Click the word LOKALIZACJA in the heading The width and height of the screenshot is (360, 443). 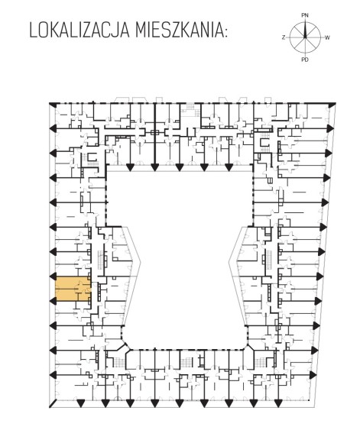click(x=79, y=31)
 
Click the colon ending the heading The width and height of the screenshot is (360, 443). click(x=225, y=33)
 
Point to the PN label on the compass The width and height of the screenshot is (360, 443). click(x=305, y=15)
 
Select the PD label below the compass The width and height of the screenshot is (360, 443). click(x=305, y=60)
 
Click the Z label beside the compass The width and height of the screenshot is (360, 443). click(x=284, y=37)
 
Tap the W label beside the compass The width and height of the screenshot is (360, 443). click(x=327, y=37)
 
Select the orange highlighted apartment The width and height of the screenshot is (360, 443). click(x=73, y=289)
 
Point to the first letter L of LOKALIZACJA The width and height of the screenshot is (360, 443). click(x=33, y=31)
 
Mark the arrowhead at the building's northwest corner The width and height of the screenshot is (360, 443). click(x=52, y=104)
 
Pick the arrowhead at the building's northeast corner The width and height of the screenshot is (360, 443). click(x=332, y=104)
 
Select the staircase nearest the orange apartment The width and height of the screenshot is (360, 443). click(x=101, y=260)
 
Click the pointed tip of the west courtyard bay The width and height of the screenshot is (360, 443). click(x=141, y=262)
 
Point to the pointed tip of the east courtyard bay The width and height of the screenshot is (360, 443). click(x=229, y=262)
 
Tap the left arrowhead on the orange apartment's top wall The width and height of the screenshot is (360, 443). click(x=53, y=276)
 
